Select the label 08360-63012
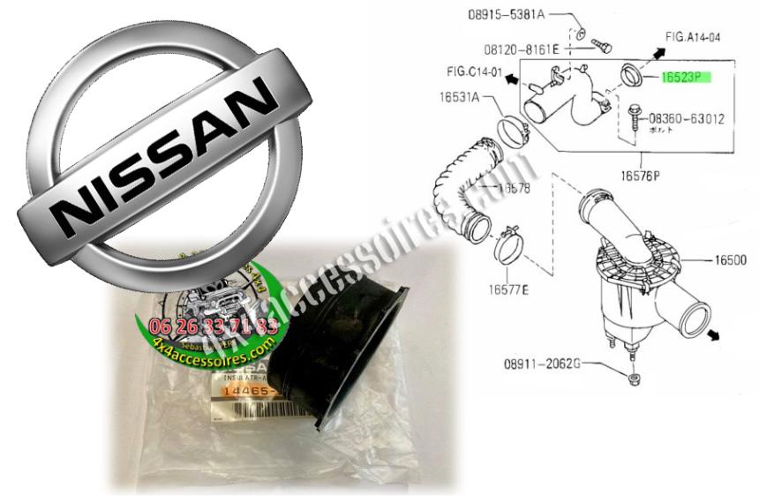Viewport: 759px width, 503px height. [687, 117]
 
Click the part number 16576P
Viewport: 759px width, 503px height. [639, 175]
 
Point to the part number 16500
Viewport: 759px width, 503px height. [731, 262]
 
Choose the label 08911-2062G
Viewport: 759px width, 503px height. [542, 364]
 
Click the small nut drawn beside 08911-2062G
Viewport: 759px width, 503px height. [633, 379]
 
